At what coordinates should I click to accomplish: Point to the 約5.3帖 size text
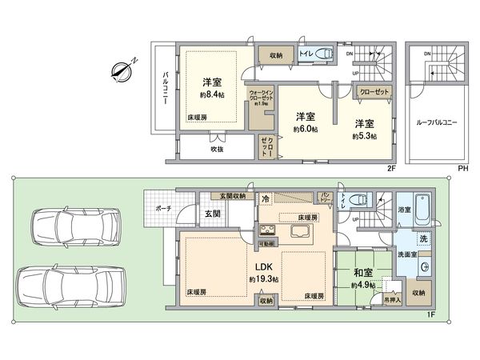pos(365,137)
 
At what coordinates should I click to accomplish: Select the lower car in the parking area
pos(69,283)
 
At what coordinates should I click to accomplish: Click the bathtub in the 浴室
pos(424,210)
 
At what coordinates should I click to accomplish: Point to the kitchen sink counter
pos(301,233)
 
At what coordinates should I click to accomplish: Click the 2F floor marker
pos(392,168)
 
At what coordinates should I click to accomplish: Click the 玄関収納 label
pos(230,195)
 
